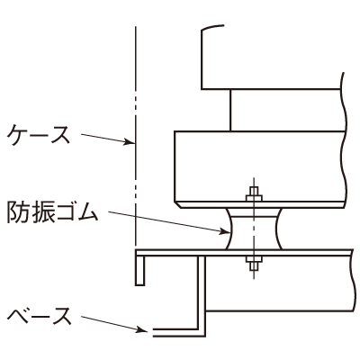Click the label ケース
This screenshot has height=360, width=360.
point(38,135)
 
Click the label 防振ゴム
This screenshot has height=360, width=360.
point(52,212)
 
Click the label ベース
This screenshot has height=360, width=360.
point(40,315)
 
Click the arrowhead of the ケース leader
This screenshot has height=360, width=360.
point(129,142)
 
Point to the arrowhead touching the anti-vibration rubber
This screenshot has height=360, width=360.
point(224,231)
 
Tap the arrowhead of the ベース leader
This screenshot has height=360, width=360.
point(143,330)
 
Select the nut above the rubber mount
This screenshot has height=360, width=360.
point(254,198)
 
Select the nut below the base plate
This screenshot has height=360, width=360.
point(254,259)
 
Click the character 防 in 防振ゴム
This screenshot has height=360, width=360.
point(17,212)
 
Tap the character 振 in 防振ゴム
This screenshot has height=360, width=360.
point(40,212)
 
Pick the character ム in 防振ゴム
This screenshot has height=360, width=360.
point(87,212)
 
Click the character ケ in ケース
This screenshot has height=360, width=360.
point(17,135)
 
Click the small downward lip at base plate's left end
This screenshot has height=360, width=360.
point(139,269)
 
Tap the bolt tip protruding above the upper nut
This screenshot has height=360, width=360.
point(254,192)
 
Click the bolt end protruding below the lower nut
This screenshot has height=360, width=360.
point(254,265)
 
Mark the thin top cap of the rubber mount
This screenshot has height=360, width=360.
point(254,212)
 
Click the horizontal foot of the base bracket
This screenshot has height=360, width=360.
point(179,332)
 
